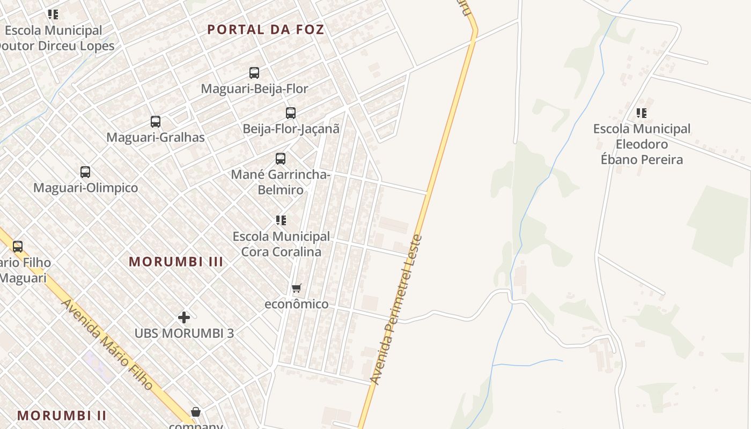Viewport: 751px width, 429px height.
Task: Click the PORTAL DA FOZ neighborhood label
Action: pos(266,29)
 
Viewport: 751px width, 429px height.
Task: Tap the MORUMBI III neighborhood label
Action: pos(176,262)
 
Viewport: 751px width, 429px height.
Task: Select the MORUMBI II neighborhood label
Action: pos(62,415)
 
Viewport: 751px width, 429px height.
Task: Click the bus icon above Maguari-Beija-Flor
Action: pos(254,73)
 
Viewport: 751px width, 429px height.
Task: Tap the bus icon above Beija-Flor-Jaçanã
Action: pos(291,113)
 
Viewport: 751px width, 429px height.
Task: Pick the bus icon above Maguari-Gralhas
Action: pos(156,122)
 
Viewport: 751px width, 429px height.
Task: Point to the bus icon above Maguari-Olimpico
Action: pos(85,172)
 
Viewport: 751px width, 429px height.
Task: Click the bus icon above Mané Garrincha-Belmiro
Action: pos(281,159)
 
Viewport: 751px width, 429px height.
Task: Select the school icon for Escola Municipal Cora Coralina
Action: pos(281,220)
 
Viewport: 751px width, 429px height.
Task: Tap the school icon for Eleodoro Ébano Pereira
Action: pos(641,113)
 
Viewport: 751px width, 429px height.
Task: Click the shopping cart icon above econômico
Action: pos(297,288)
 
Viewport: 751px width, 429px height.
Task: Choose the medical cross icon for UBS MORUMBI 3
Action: pos(184,317)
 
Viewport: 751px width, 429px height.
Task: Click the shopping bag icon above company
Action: pos(196,412)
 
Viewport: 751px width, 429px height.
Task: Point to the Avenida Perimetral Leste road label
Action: pos(397,310)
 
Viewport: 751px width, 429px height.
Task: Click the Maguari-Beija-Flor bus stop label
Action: pos(254,88)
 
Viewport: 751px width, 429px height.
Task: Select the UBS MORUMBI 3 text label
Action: pos(184,333)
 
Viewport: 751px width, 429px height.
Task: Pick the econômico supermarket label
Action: pos(297,304)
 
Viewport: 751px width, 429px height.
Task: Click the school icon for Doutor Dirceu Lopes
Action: pos(53,14)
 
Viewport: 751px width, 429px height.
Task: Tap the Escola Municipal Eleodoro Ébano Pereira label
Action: pos(642,144)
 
